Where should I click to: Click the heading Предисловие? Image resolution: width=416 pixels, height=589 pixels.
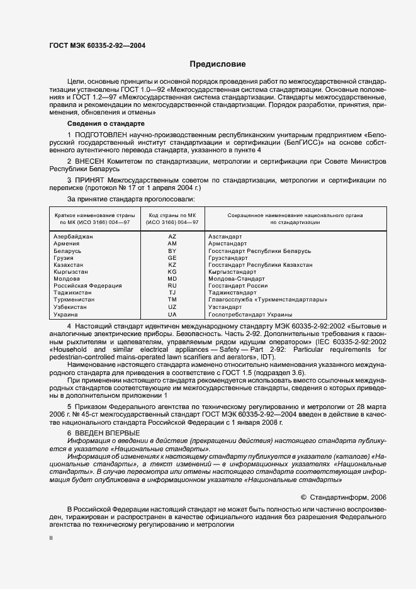[x=218, y=64]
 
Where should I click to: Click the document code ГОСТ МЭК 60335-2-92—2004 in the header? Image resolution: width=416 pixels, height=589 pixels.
[x=97, y=45]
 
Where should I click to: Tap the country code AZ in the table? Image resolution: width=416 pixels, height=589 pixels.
[x=172, y=236]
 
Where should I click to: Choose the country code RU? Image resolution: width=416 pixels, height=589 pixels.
[x=172, y=286]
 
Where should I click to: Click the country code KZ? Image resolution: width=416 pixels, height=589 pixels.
[x=172, y=265]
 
